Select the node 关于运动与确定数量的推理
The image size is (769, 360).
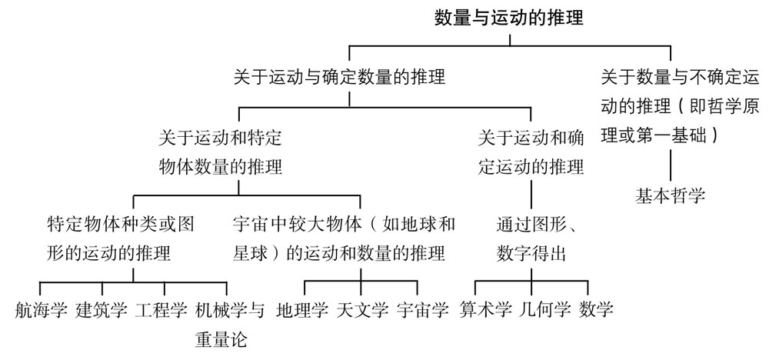[340, 77]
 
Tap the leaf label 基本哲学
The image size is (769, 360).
[670, 195]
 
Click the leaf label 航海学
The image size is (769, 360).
[42, 311]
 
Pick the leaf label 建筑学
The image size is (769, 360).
[102, 311]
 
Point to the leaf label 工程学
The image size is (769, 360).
[161, 311]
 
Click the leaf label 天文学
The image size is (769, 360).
[363, 311]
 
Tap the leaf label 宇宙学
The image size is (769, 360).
[423, 311]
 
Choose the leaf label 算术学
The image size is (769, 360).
[486, 311]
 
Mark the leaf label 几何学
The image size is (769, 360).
[545, 311]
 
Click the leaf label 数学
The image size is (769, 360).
[597, 311]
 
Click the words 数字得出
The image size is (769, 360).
[531, 253]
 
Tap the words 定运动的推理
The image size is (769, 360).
[530, 166]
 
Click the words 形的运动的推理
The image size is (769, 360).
[108, 253]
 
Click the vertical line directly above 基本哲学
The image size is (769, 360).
[671, 165]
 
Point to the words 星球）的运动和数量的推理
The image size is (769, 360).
[338, 253]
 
